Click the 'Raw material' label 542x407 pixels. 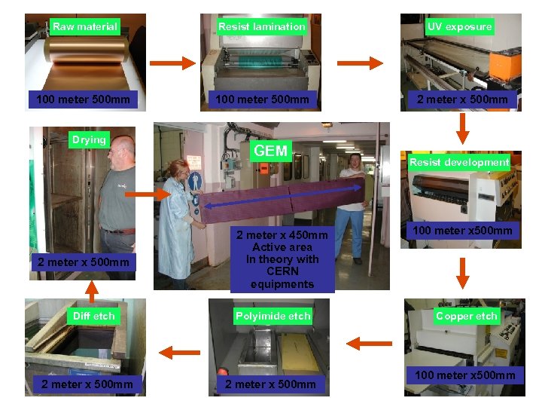pyautogui.click(x=85, y=26)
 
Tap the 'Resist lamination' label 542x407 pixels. pyautogui.click(x=261, y=26)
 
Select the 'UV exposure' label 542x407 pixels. pyautogui.click(x=459, y=26)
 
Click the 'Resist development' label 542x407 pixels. pyautogui.click(x=459, y=162)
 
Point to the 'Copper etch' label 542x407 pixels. pyautogui.click(x=467, y=316)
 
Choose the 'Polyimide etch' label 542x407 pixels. pyautogui.click(x=273, y=316)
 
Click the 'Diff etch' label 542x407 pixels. pyautogui.click(x=93, y=316)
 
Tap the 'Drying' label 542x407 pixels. pyautogui.click(x=89, y=139)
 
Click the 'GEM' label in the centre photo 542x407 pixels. pyautogui.click(x=271, y=151)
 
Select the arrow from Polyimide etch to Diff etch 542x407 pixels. pyautogui.click(x=178, y=350)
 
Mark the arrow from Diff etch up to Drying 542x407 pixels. pyautogui.click(x=91, y=289)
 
